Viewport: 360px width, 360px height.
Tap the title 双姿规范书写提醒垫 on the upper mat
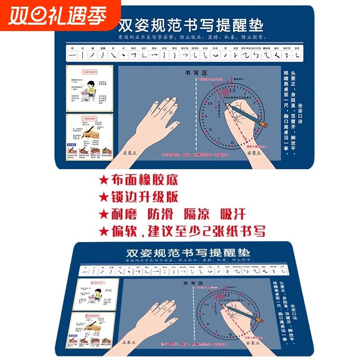pyautogui.click(x=191, y=24)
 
